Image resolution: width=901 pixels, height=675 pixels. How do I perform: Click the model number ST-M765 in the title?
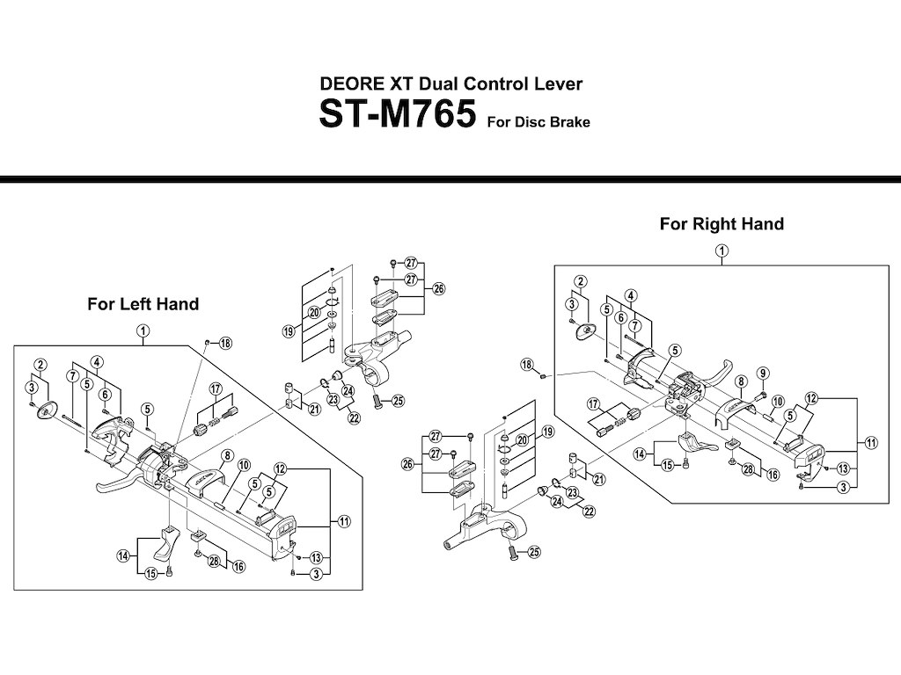[398, 115]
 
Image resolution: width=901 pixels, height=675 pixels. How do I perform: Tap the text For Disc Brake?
[538, 122]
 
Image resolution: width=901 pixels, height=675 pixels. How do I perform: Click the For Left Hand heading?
[143, 304]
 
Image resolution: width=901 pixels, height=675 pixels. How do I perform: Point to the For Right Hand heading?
[722, 224]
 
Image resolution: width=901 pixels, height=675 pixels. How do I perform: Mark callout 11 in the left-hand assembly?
[344, 521]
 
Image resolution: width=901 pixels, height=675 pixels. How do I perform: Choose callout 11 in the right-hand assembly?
[871, 443]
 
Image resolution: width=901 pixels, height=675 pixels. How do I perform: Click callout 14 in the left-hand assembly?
[123, 555]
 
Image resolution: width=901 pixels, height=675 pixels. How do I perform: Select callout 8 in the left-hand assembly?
[226, 455]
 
